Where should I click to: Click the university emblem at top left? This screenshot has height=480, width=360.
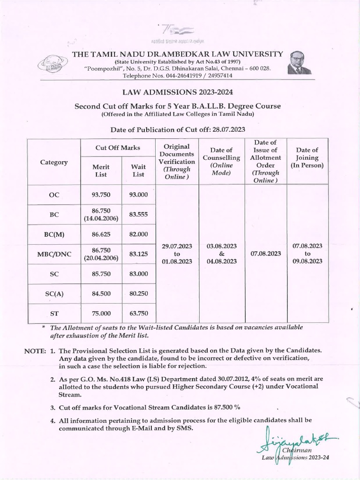point(52,65)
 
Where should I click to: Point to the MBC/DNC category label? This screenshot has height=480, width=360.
point(54,254)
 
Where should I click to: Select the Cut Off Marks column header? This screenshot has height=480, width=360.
point(118,148)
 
